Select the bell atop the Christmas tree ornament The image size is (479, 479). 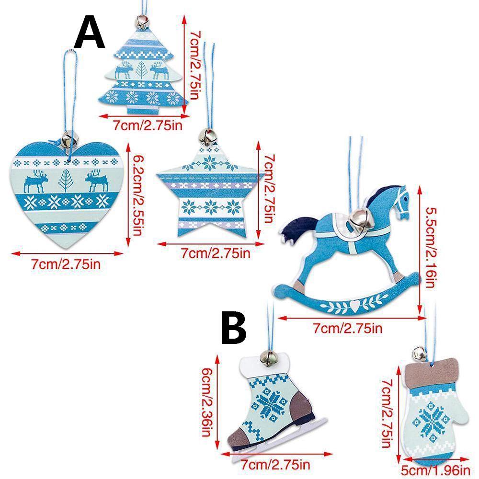[141, 22]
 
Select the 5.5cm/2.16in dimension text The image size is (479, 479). [430, 248]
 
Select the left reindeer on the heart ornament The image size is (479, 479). [36, 181]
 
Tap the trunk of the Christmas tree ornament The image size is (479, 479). [143, 109]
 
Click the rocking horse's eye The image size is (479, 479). [405, 199]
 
